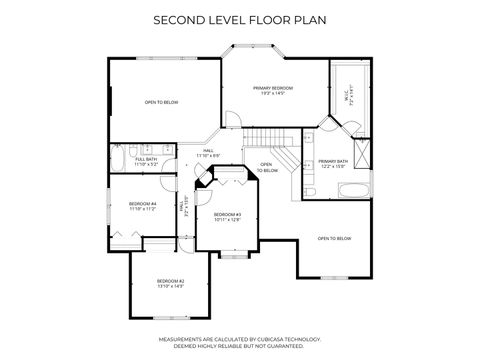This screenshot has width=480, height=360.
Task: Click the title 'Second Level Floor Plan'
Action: [x=239, y=18]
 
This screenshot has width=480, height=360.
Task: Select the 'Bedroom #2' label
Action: [x=170, y=284]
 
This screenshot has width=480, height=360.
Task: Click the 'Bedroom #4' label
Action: [x=142, y=206]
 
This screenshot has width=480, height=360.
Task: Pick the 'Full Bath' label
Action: [x=146, y=161]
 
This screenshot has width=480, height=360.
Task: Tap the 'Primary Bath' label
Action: [x=332, y=163]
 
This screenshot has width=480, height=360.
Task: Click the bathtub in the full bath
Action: [x=120, y=159]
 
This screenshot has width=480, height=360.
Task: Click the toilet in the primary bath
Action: [x=299, y=187]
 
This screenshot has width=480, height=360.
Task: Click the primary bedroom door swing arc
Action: [x=231, y=121]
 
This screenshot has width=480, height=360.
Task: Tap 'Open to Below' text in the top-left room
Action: [x=161, y=102]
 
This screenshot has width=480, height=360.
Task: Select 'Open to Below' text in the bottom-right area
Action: [x=334, y=238]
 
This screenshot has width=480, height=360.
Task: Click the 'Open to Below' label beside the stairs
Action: [x=267, y=168]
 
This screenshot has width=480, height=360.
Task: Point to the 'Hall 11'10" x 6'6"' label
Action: [x=208, y=153]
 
